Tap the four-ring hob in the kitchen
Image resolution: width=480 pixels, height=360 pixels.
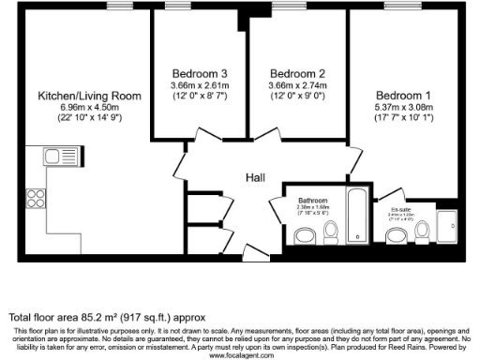(x=37, y=198)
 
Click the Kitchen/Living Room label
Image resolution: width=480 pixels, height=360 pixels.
(x=89, y=96)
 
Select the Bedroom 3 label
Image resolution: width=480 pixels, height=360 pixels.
(x=200, y=73)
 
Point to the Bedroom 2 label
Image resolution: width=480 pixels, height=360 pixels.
(x=297, y=73)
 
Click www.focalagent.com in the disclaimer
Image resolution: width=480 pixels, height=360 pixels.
(x=240, y=355)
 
